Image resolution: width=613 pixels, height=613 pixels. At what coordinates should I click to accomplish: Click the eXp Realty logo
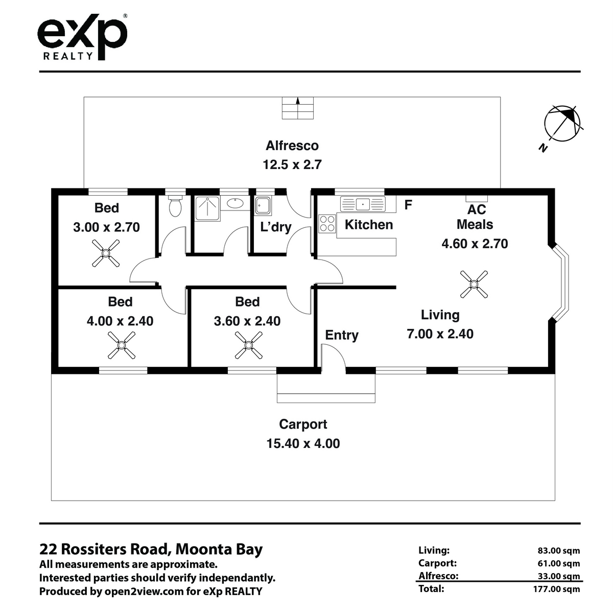82,37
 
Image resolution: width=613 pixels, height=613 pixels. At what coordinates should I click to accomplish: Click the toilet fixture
175,206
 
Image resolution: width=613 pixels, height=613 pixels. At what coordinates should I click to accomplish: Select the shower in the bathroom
207,209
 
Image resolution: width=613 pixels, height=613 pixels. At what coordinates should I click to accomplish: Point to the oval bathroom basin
235,203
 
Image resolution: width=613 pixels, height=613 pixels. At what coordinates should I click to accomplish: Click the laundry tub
263,205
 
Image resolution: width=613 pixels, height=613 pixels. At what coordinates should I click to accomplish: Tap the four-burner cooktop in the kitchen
327,223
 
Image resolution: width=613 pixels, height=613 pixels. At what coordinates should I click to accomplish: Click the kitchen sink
363,204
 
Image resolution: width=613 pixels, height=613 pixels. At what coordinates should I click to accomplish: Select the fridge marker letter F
408,205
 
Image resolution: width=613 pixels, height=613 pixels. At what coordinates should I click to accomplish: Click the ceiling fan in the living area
474,284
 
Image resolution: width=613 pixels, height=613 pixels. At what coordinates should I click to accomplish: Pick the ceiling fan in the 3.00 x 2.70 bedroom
106,253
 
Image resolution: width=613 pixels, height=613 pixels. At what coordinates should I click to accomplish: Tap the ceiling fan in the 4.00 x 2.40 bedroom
121,345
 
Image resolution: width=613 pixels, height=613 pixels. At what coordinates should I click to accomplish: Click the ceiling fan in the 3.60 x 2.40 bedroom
248,345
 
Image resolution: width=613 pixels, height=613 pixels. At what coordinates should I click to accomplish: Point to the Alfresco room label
292,146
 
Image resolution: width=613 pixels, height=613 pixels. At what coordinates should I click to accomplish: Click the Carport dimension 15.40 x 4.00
303,443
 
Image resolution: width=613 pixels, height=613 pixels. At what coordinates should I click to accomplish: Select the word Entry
342,335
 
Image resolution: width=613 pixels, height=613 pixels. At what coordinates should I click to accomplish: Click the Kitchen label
369,225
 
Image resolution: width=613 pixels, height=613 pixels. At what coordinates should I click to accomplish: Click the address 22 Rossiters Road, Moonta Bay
151,549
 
